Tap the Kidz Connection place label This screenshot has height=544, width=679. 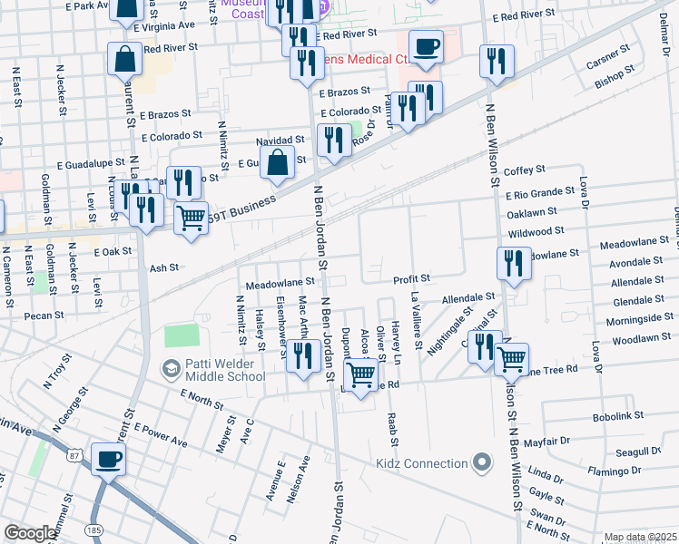click(x=421, y=463)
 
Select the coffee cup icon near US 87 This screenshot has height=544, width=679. click(x=109, y=459)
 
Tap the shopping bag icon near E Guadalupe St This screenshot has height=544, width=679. click(x=278, y=163)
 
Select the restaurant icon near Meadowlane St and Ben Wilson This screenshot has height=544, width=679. click(x=514, y=263)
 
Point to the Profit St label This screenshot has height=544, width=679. click(x=410, y=278)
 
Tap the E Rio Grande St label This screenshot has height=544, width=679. click(x=540, y=193)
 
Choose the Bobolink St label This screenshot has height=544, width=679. click(x=617, y=415)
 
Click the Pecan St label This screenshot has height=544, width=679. click(x=46, y=316)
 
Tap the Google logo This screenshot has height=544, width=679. click(x=29, y=533)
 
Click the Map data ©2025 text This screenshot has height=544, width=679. click(x=640, y=538)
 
